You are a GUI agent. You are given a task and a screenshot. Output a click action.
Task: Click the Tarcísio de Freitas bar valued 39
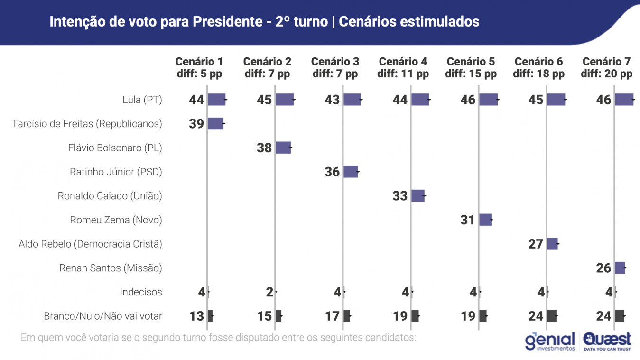click(215, 124)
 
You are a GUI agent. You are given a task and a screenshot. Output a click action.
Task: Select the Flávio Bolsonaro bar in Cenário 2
click(283, 148)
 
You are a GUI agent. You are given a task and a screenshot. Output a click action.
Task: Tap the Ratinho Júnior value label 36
click(332, 172)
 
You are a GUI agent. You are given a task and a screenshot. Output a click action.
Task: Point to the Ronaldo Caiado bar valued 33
click(418, 196)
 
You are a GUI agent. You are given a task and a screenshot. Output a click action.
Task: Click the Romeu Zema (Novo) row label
click(116, 220)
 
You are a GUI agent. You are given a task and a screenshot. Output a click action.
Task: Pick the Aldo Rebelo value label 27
click(535, 244)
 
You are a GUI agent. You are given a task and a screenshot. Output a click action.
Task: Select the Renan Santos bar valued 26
click(620, 268)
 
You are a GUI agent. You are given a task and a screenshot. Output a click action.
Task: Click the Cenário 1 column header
click(199, 68)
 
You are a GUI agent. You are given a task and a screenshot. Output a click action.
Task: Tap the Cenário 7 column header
click(606, 68)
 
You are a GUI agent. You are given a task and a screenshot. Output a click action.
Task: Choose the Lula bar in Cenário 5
click(489, 100)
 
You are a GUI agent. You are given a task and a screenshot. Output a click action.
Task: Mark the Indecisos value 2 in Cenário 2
click(269, 292)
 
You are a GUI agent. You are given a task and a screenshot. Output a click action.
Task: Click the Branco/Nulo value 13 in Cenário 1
click(196, 316)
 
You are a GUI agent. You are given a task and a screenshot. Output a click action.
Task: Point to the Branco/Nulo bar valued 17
click(347, 316)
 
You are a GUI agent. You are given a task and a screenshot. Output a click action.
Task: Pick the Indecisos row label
click(141, 292)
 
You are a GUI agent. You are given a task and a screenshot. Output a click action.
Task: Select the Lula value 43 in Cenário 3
click(332, 100)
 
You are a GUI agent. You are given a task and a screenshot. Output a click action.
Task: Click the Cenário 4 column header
click(403, 68)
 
